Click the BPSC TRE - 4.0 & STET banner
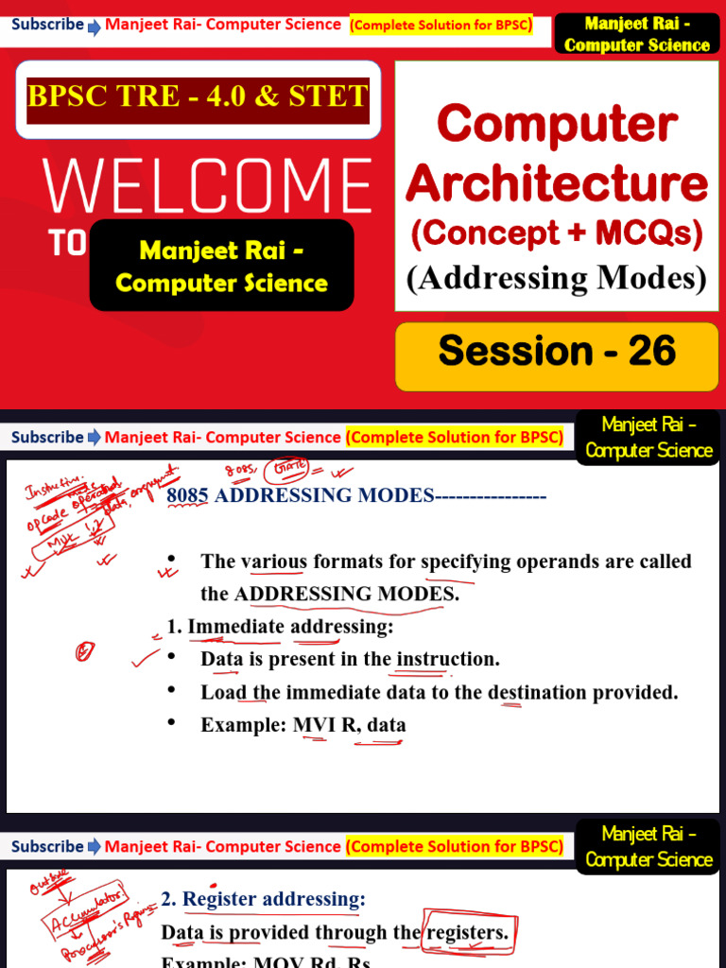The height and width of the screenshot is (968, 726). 199,97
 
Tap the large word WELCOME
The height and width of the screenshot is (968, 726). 208,185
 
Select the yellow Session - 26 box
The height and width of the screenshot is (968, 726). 557,352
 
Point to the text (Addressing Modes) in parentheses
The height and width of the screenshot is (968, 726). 557,278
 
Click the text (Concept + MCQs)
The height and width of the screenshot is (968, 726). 557,233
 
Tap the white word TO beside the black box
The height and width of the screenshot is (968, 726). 67,244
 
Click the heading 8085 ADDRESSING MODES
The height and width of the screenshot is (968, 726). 300,495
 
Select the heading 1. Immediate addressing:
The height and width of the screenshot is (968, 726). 280,626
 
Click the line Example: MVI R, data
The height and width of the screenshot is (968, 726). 303,725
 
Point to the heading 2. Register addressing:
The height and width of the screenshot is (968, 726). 264,898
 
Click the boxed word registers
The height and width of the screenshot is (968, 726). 468,933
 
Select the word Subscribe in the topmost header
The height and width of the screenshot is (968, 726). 47,24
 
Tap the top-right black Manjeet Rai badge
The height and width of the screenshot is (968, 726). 636,34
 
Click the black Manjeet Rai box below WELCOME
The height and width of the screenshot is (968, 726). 221,266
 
